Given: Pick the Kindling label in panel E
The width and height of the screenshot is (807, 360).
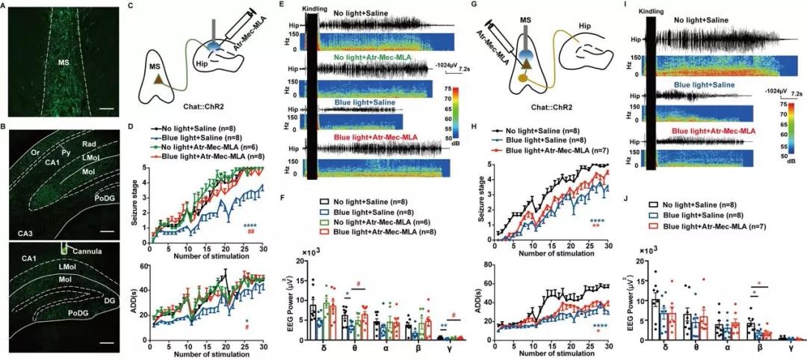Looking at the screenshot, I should point(313,9).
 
